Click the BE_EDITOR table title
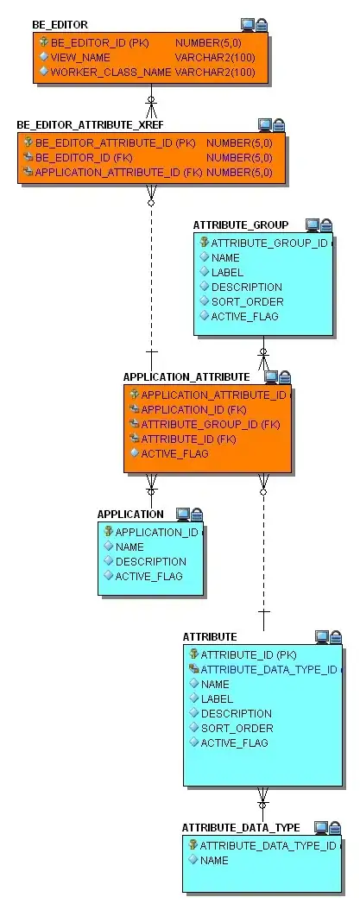click(60, 25)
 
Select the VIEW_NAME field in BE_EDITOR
click(80, 57)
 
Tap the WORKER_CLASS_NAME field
click(111, 72)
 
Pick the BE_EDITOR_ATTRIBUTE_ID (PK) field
click(115, 142)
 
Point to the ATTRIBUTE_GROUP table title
click(241, 225)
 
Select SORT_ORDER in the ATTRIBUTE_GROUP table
click(247, 301)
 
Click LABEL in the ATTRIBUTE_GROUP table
click(229, 272)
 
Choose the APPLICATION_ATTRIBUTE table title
click(186, 377)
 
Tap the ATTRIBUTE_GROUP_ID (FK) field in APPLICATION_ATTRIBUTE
click(210, 424)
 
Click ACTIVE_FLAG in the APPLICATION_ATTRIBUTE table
click(174, 453)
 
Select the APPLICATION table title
click(130, 515)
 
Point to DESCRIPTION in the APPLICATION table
click(151, 561)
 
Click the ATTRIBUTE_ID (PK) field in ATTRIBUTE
click(248, 654)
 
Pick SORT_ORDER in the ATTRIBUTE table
click(237, 728)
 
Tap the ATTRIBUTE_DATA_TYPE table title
click(241, 828)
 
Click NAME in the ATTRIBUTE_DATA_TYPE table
click(214, 860)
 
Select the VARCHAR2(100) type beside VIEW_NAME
click(215, 57)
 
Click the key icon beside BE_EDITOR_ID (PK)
click(43, 41)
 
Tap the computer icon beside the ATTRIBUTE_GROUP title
click(313, 225)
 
